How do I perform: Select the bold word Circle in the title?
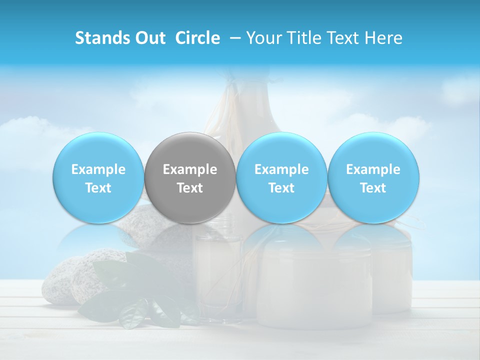197,38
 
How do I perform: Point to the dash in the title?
234,38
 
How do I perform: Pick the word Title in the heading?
306,38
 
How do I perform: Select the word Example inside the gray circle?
190,169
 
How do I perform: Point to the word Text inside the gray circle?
190,188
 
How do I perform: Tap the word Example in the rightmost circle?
373,169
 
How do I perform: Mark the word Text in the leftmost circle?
98,188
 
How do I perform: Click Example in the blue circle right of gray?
281,169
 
